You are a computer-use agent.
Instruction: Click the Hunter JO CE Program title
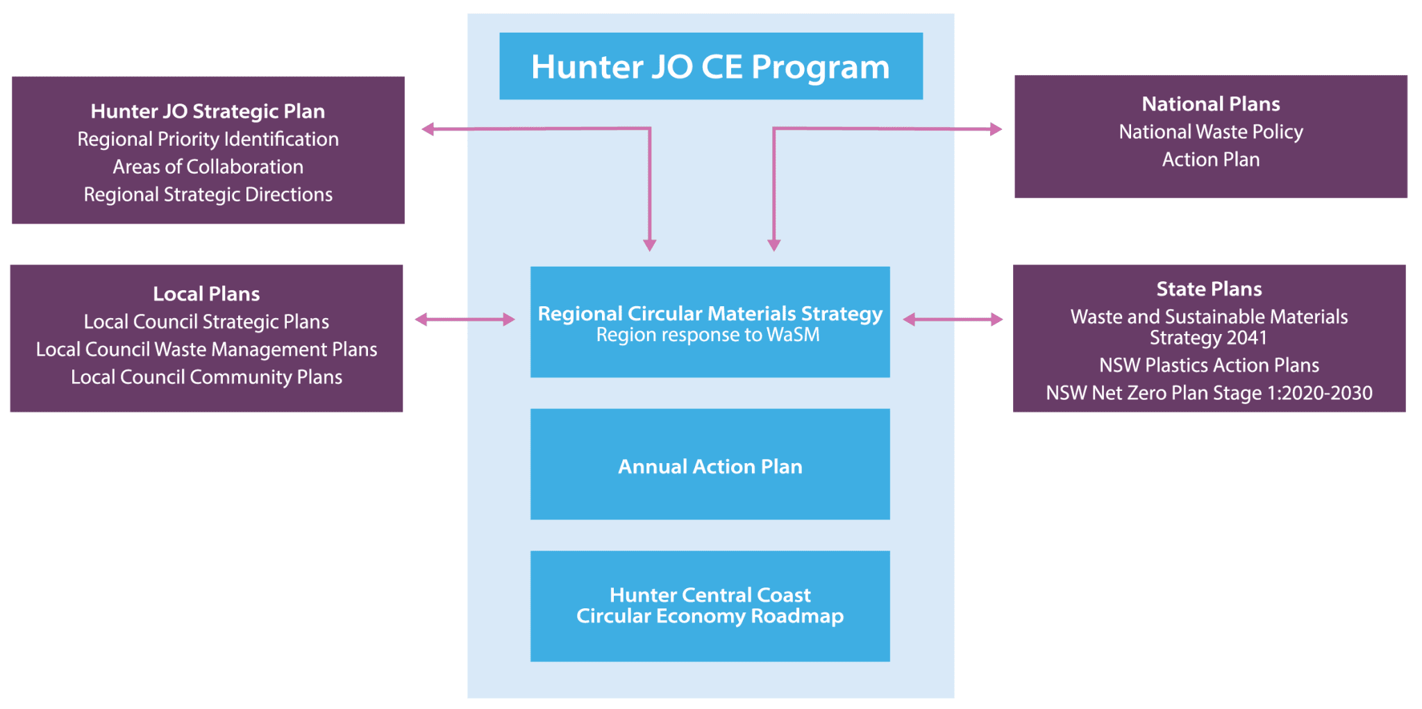point(710,67)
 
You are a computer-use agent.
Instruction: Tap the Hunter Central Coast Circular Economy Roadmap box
point(710,606)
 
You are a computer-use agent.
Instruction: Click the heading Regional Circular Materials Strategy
point(710,313)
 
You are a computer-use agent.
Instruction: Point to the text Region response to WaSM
point(708,335)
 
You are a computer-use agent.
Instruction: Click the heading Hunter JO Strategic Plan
point(208,111)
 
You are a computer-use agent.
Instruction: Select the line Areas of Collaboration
point(208,167)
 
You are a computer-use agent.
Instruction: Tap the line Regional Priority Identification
point(208,139)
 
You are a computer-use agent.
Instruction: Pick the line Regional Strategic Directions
point(208,194)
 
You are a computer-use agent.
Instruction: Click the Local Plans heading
point(206,294)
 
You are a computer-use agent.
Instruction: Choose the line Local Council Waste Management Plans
point(206,349)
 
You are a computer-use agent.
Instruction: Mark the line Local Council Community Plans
point(206,377)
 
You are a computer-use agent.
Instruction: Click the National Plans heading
point(1211,104)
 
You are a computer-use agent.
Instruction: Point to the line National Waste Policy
point(1211,132)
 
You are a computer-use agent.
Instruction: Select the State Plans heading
point(1209,289)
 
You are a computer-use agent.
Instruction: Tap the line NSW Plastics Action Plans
point(1209,365)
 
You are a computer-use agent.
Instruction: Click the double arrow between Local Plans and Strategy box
point(465,319)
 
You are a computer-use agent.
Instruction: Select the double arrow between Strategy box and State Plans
point(953,319)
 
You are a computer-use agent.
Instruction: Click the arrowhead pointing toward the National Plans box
point(996,129)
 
